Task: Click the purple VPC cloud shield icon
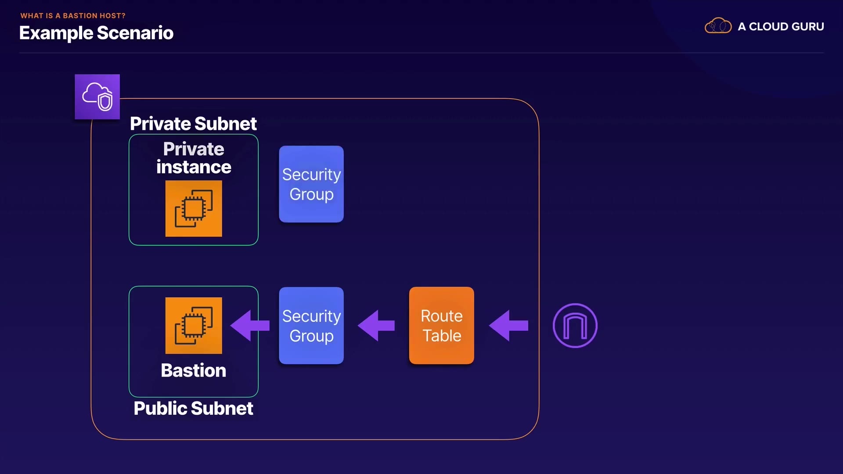click(x=97, y=97)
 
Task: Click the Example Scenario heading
click(x=96, y=33)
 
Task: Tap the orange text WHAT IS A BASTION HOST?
click(x=73, y=16)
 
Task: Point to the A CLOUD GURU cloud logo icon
click(x=718, y=26)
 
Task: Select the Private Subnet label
click(x=193, y=124)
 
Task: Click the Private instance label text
click(x=194, y=158)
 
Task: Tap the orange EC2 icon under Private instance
click(x=194, y=208)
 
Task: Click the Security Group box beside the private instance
click(x=311, y=184)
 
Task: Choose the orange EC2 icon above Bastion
click(x=194, y=325)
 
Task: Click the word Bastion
click(x=194, y=370)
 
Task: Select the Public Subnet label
click(x=193, y=409)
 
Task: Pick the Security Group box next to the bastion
click(x=311, y=325)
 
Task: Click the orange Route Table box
click(x=441, y=325)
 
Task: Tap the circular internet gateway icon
click(x=575, y=325)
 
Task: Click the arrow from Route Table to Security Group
click(x=376, y=325)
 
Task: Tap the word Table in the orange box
click(x=442, y=336)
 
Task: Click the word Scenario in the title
click(x=135, y=33)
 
